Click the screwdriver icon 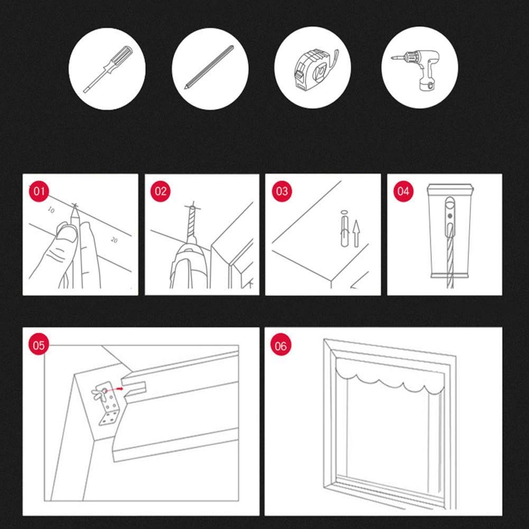[x=108, y=69]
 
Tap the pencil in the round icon [x=209, y=67]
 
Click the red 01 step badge [x=39, y=192]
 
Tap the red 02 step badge [x=160, y=192]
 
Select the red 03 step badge [x=282, y=192]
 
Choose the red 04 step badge [x=403, y=192]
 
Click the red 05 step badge [x=39, y=345]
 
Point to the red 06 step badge [x=281, y=346]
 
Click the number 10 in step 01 [x=51, y=210]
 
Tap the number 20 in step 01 [x=114, y=240]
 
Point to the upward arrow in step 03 [x=356, y=234]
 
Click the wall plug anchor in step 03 [x=344, y=229]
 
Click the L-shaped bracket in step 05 [x=107, y=404]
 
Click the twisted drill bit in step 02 [x=192, y=222]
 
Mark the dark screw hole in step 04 [x=449, y=216]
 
